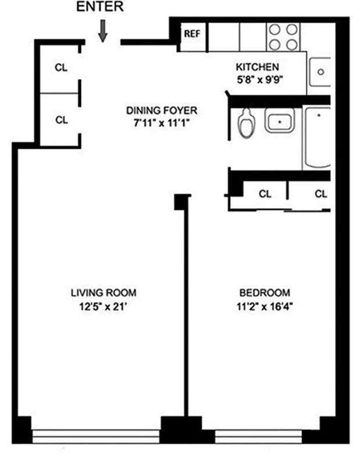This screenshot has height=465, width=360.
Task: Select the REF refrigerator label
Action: (192, 34)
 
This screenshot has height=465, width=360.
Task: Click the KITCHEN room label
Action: (257, 67)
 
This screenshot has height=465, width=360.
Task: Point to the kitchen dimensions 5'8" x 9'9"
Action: (257, 78)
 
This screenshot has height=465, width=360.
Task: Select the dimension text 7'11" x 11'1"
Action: (162, 123)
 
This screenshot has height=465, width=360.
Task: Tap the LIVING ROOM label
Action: (104, 293)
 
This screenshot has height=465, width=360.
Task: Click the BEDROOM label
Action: (265, 293)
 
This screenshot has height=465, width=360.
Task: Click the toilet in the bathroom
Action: (247, 121)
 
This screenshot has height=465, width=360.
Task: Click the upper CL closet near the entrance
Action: (61, 67)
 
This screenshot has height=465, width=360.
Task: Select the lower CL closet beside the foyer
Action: (61, 120)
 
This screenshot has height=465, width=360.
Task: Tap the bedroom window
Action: (259, 436)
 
